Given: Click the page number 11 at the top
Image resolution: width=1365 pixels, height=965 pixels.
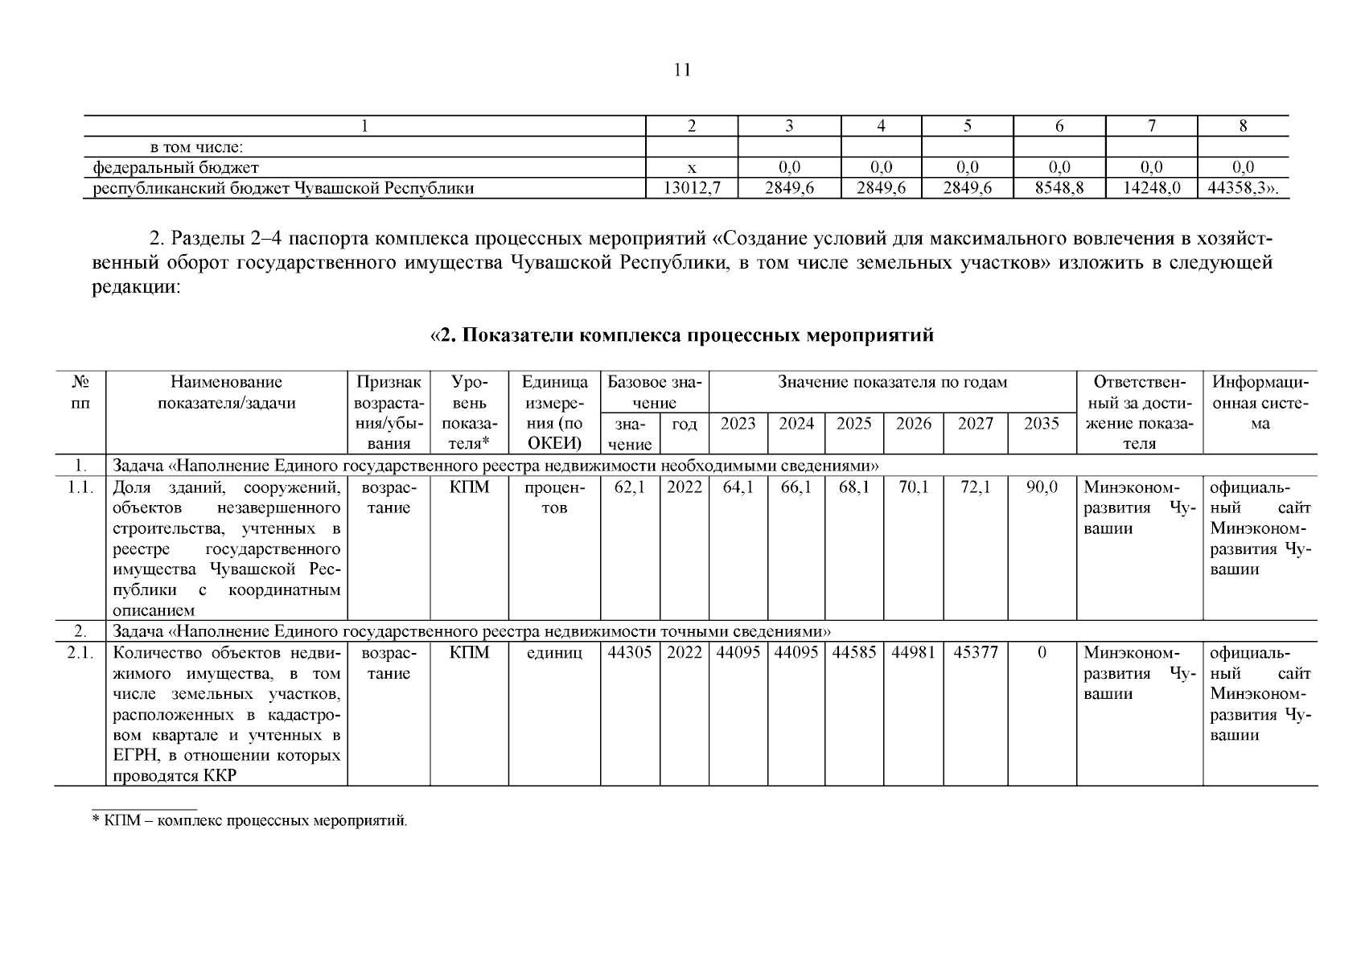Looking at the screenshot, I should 681,70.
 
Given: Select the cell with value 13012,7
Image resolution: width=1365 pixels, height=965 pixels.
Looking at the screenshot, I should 692,189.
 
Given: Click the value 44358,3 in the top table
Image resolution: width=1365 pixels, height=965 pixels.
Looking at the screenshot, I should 1241,189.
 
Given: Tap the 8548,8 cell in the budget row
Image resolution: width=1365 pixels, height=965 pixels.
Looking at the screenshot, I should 1059,189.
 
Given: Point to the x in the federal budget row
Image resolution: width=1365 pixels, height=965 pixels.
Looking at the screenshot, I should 692,168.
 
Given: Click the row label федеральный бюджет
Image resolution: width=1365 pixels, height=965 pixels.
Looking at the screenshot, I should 176,168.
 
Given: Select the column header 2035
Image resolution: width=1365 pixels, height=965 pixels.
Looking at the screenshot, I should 1042,424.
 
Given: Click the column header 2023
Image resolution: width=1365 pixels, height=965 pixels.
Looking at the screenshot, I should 738,424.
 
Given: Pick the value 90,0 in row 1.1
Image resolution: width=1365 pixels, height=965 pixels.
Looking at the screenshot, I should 1042,487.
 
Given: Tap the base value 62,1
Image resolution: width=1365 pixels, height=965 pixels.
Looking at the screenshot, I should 630,487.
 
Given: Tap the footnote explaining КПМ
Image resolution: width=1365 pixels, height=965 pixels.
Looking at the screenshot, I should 250,821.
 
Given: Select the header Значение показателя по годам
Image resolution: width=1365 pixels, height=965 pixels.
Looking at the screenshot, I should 892,383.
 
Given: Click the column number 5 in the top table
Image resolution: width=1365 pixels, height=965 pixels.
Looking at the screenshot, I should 968,125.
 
